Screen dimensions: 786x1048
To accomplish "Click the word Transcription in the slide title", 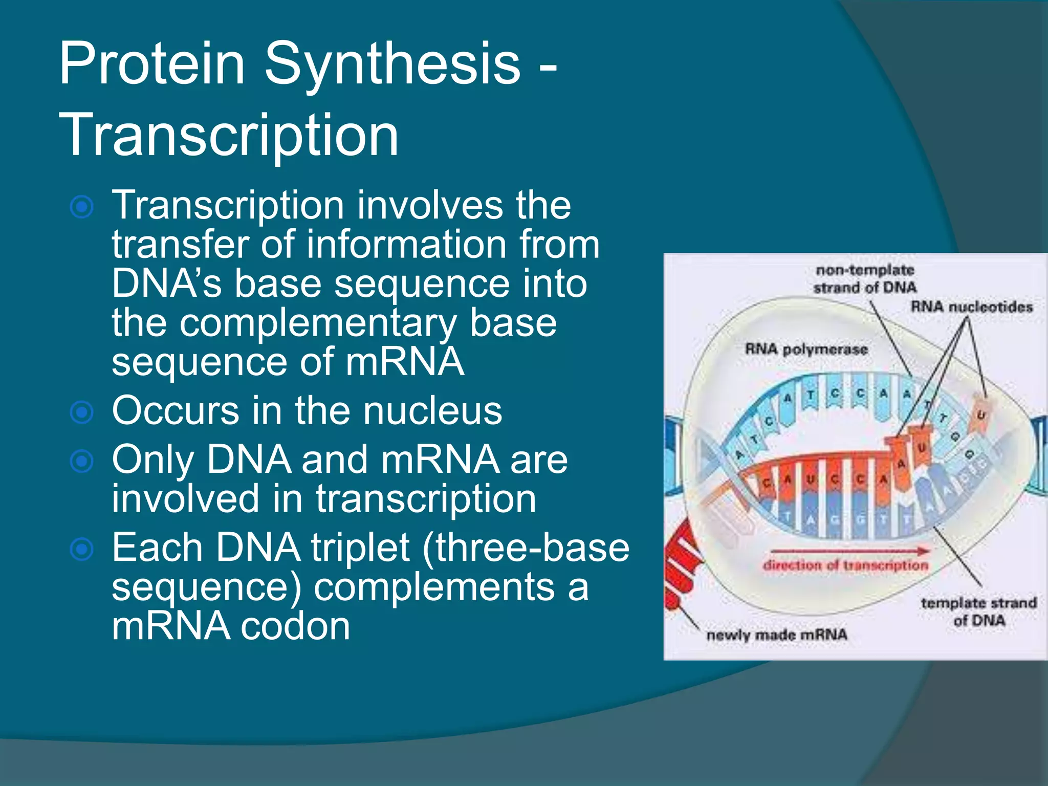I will [x=229, y=135].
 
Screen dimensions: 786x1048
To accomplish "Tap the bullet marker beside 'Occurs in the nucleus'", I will [x=82, y=412].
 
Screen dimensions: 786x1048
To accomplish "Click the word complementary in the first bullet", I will [x=317, y=323].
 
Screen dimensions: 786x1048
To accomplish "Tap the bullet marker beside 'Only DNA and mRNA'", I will [x=82, y=461].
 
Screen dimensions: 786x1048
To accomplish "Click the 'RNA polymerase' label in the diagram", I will [x=806, y=350].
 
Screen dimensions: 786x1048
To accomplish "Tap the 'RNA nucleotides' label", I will [x=971, y=307].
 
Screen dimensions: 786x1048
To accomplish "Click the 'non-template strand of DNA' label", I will [x=865, y=279].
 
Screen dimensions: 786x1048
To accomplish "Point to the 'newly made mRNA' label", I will [x=777, y=635].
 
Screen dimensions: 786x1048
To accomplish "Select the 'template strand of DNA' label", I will [x=978, y=612].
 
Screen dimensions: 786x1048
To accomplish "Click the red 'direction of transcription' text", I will [x=845, y=565].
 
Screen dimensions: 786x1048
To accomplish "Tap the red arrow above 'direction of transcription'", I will [x=849, y=551].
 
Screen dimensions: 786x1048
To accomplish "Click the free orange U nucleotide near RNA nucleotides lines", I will [x=980, y=416].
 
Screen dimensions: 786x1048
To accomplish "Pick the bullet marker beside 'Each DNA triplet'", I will [x=82, y=550].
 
